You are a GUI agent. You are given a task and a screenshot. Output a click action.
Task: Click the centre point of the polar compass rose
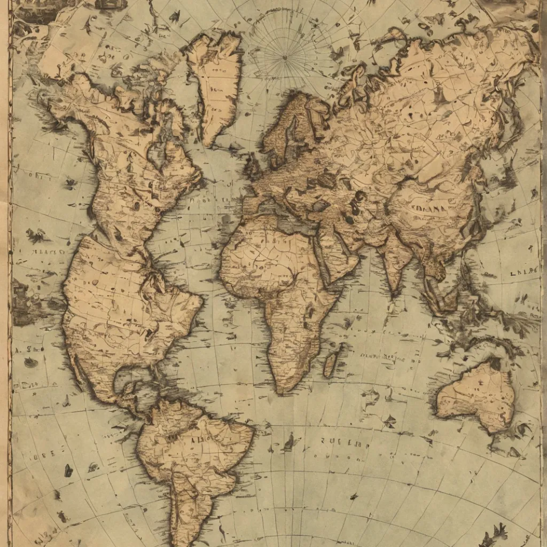(284, 57)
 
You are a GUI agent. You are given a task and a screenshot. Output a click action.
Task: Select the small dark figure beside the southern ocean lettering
(290, 441)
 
